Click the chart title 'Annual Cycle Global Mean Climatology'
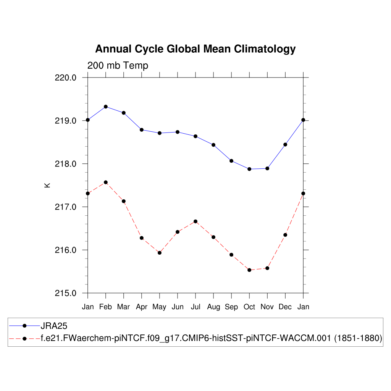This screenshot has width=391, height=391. click(x=195, y=49)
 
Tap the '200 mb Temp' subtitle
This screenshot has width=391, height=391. click(x=118, y=66)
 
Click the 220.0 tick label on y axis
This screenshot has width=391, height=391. click(x=66, y=78)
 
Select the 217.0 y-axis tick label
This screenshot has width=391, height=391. click(x=66, y=207)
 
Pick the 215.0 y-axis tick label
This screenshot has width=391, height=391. click(x=66, y=293)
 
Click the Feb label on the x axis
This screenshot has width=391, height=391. click(x=106, y=307)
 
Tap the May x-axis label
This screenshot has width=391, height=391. click(x=160, y=307)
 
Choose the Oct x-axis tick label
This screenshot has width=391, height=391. click(x=249, y=307)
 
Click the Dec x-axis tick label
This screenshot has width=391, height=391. click(x=285, y=307)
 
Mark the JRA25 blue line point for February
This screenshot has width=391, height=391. click(x=106, y=107)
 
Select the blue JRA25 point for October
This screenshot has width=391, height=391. click(x=249, y=169)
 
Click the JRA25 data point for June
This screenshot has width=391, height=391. click(x=178, y=132)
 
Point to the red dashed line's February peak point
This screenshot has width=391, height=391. click(x=106, y=182)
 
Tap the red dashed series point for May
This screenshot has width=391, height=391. click(x=160, y=253)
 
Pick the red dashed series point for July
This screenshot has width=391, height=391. click(x=195, y=221)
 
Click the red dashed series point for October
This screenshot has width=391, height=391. click(x=249, y=270)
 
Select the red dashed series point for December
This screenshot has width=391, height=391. click(x=285, y=235)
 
